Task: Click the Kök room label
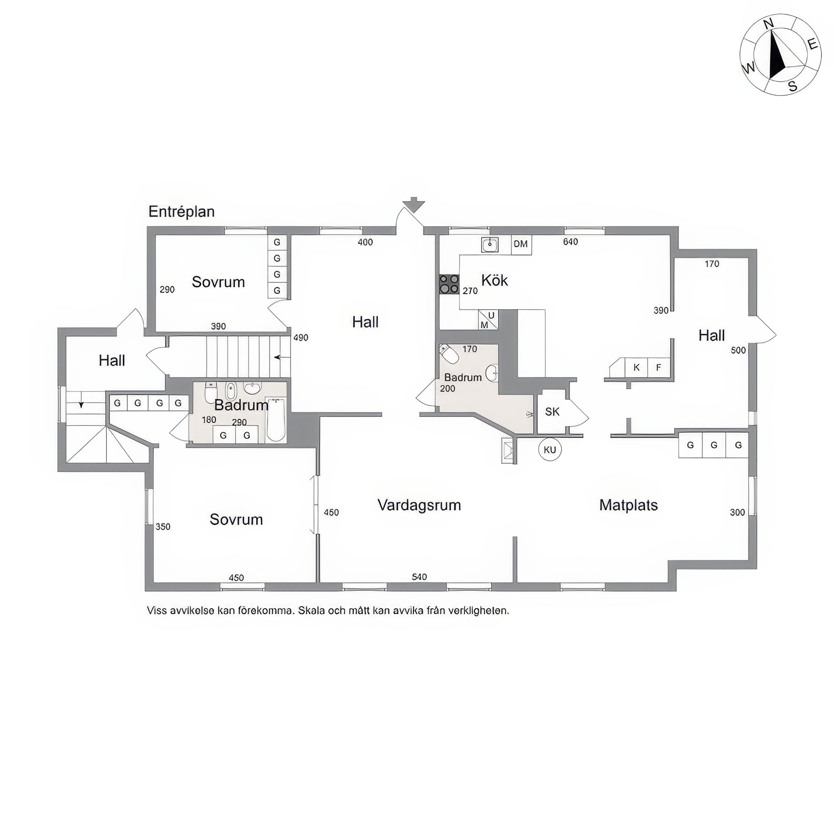pyautogui.click(x=494, y=280)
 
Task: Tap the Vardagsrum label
pyautogui.click(x=419, y=505)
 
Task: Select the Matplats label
pyautogui.click(x=628, y=505)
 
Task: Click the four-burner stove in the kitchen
pyautogui.click(x=449, y=284)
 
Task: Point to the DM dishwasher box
pyautogui.click(x=521, y=244)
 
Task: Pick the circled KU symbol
pyautogui.click(x=550, y=450)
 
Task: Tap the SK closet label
pyautogui.click(x=552, y=411)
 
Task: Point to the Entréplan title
pyautogui.click(x=182, y=212)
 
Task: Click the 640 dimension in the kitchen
pyautogui.click(x=570, y=242)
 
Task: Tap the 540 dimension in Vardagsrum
pyautogui.click(x=419, y=577)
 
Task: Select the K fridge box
pyautogui.click(x=636, y=367)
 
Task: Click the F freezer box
pyautogui.click(x=659, y=367)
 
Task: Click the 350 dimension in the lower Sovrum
pyautogui.click(x=163, y=527)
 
